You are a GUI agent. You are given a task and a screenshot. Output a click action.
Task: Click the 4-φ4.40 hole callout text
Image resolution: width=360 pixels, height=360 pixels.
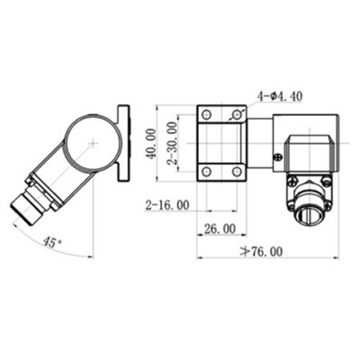point(281,94)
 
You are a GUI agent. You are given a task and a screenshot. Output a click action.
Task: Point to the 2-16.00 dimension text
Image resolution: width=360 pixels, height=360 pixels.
point(166,205)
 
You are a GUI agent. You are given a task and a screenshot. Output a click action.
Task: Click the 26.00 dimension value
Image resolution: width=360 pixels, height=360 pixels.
point(220,229)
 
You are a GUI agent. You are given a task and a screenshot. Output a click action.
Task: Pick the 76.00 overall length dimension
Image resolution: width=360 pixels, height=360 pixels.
point(261,252)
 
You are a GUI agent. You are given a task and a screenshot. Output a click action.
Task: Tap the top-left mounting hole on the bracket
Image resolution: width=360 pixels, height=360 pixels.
point(206,114)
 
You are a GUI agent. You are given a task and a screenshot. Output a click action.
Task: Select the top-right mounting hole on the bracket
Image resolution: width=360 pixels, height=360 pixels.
point(236,114)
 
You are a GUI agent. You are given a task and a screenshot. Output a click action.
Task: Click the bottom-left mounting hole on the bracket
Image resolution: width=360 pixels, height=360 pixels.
point(206,170)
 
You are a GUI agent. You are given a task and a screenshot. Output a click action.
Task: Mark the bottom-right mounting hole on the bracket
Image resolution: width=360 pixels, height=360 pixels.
point(236,170)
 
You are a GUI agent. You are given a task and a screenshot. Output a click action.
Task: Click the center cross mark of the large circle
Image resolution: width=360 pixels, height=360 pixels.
point(94,142)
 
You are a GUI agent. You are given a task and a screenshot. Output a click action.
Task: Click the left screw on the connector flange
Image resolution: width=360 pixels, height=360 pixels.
point(292,183)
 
